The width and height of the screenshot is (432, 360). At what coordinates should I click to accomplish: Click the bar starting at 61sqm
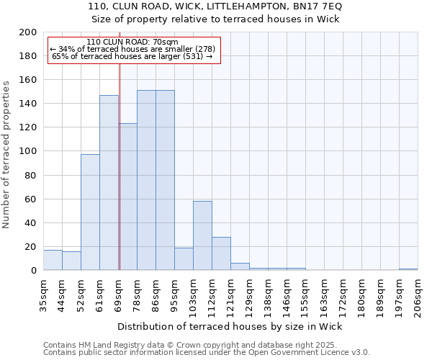[109, 183]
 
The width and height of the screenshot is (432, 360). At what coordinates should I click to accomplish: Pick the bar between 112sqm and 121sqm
[221, 253]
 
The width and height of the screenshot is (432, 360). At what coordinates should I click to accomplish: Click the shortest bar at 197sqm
[408, 269]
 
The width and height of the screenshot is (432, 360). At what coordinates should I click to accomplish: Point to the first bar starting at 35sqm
[53, 260]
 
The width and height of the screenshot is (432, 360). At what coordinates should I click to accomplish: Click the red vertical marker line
[120, 180]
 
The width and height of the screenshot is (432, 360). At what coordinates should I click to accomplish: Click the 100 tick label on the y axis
[28, 151]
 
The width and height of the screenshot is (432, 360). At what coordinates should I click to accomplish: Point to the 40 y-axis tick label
[31, 222]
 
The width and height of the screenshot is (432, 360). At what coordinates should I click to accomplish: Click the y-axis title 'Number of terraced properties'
[6, 154]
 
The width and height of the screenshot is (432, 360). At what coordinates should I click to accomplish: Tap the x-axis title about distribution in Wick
[229, 326]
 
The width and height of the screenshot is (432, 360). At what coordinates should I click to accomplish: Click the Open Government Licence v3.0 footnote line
[206, 352]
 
